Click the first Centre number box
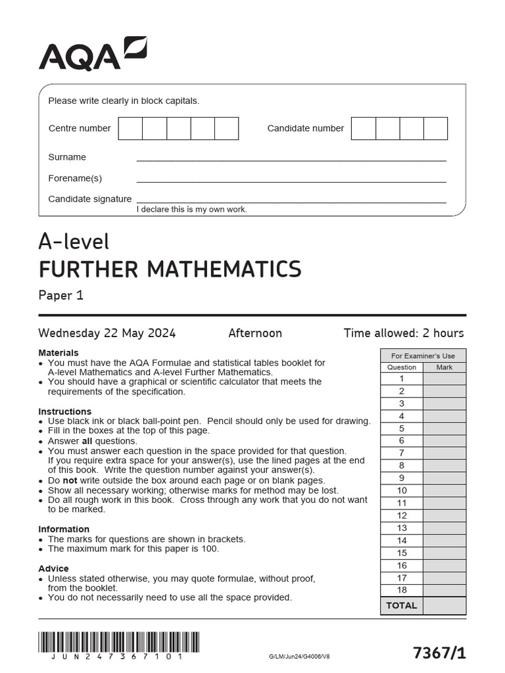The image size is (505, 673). [130, 128]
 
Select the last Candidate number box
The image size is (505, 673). [435, 128]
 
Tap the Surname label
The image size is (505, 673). [67, 157]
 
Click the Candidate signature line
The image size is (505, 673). [291, 202]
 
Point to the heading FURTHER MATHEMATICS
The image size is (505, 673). [170, 269]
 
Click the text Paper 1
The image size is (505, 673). [61, 295]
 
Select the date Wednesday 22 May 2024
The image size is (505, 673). [107, 333]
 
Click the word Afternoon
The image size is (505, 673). [255, 333]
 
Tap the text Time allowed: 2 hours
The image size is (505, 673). [403, 333]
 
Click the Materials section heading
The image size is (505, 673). [59, 353]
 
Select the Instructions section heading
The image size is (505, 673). [64, 411]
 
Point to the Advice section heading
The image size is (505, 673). [53, 569]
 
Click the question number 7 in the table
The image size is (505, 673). [401, 453]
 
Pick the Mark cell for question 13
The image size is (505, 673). [444, 528]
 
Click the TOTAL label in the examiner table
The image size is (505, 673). [401, 605]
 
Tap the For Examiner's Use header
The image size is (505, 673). [423, 356]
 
